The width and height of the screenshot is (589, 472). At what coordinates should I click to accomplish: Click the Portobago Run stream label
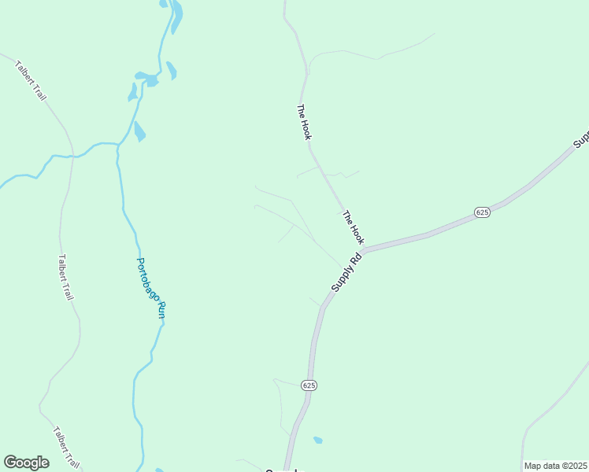pyautogui.click(x=152, y=287)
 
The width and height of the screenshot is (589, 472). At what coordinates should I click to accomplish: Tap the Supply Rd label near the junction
pyautogui.click(x=346, y=272)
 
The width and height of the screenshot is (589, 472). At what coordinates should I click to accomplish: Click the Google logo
pyautogui.click(x=26, y=463)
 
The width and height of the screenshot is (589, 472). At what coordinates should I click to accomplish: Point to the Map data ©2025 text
pyautogui.click(x=555, y=466)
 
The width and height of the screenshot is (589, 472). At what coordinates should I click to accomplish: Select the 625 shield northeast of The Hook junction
pyautogui.click(x=483, y=212)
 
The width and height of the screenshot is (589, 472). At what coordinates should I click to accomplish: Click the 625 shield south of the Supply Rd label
pyautogui.click(x=308, y=385)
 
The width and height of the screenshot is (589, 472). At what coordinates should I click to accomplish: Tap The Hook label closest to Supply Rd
pyautogui.click(x=354, y=227)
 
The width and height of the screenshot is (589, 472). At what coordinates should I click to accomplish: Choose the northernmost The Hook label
pyautogui.click(x=304, y=123)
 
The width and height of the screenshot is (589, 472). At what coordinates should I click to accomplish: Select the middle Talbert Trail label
pyautogui.click(x=65, y=276)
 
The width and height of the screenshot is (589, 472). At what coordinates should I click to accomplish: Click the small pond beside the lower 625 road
pyautogui.click(x=317, y=440)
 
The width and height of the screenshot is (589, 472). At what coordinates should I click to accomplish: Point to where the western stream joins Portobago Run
pyautogui.click(x=118, y=146)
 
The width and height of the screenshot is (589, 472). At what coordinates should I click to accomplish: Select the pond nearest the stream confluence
pyautogui.click(x=139, y=131)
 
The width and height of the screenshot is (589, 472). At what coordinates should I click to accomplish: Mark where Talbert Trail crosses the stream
pyautogui.click(x=72, y=156)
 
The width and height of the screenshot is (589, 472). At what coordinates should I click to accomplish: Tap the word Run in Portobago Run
pyautogui.click(x=161, y=309)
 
